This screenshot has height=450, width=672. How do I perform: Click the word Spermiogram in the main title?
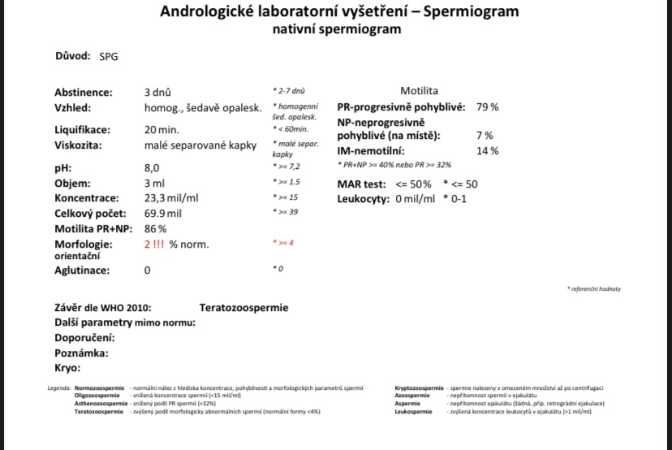[x=467, y=11]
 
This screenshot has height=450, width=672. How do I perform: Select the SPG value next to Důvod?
[x=108, y=57]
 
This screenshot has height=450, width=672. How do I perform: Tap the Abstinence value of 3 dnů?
[x=157, y=93]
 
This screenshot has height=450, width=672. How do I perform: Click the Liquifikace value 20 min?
[x=162, y=130]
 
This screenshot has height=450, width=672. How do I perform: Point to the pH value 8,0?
[x=152, y=167]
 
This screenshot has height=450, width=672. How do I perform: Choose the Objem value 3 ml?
[x=154, y=183]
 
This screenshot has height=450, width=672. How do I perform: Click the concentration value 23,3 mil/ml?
[x=172, y=198]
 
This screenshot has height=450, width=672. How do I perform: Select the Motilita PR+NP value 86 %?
[x=156, y=228]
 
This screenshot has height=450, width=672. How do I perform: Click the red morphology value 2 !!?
[x=155, y=244]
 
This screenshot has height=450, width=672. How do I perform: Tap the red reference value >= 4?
[x=285, y=243]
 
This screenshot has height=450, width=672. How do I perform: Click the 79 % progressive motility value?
[x=487, y=107]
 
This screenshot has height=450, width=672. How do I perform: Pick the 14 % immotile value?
[x=487, y=151]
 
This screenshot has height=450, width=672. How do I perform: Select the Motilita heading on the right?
[x=419, y=91]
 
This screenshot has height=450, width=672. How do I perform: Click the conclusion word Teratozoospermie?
[x=243, y=308]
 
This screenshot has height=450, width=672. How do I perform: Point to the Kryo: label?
[x=68, y=368]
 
